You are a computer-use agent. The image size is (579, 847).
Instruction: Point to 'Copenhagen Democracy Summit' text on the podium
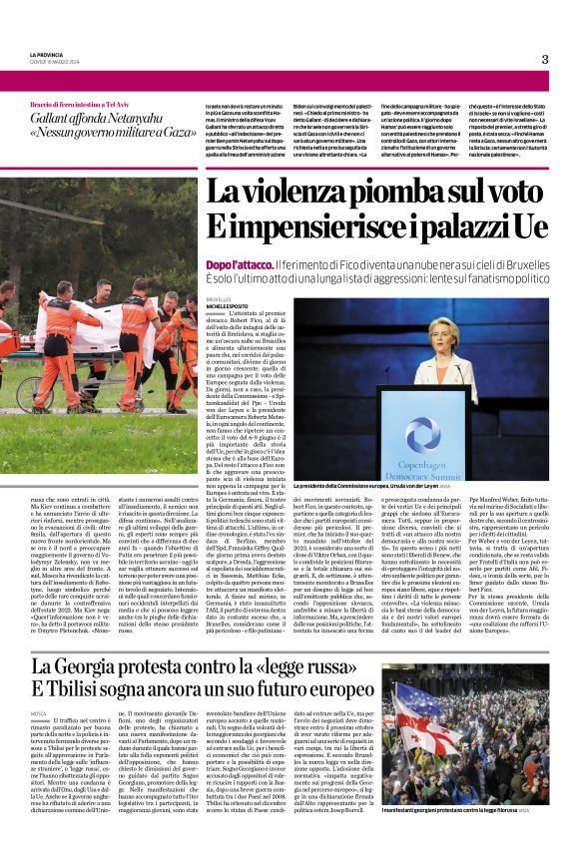(422, 471)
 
